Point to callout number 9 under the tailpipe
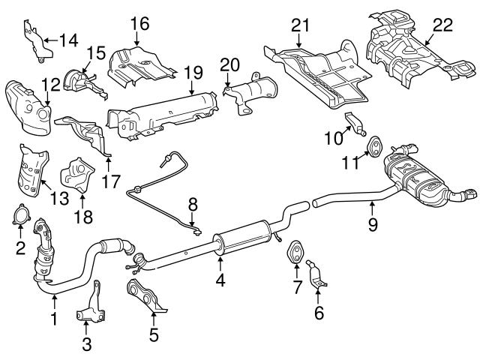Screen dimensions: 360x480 (x=372, y=224)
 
